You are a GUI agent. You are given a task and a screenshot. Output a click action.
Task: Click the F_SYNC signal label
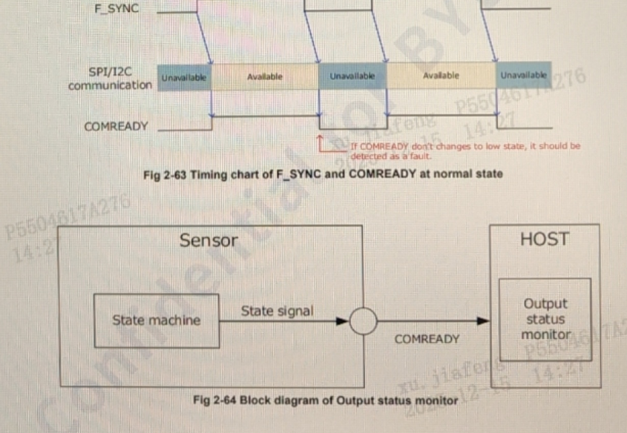pos(118,10)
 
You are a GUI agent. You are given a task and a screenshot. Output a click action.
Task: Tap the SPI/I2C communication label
pos(110,79)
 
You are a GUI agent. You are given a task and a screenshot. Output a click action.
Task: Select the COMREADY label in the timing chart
pos(116,127)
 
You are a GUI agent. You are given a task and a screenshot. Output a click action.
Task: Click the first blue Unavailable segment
pos(185,77)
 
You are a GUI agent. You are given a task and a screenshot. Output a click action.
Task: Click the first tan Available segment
pos(264,76)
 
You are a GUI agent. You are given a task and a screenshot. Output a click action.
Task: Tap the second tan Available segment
pos(441,76)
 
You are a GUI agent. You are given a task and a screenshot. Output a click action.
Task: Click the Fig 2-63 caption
pos(323,174)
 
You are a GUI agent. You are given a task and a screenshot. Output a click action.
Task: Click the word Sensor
pos(209,240)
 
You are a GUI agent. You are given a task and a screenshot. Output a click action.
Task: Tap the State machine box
pos(156,320)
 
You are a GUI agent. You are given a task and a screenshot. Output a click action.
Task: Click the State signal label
pos(277,311)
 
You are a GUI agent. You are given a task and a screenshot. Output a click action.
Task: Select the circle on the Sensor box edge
pos(364,322)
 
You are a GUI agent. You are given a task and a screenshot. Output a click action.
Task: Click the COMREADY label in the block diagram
pos(427,339)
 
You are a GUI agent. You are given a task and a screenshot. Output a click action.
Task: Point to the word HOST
pos(544,239)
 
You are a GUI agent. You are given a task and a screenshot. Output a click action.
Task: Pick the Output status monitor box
pos(545,320)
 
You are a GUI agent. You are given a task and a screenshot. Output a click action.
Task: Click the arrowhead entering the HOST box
pos(484,322)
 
